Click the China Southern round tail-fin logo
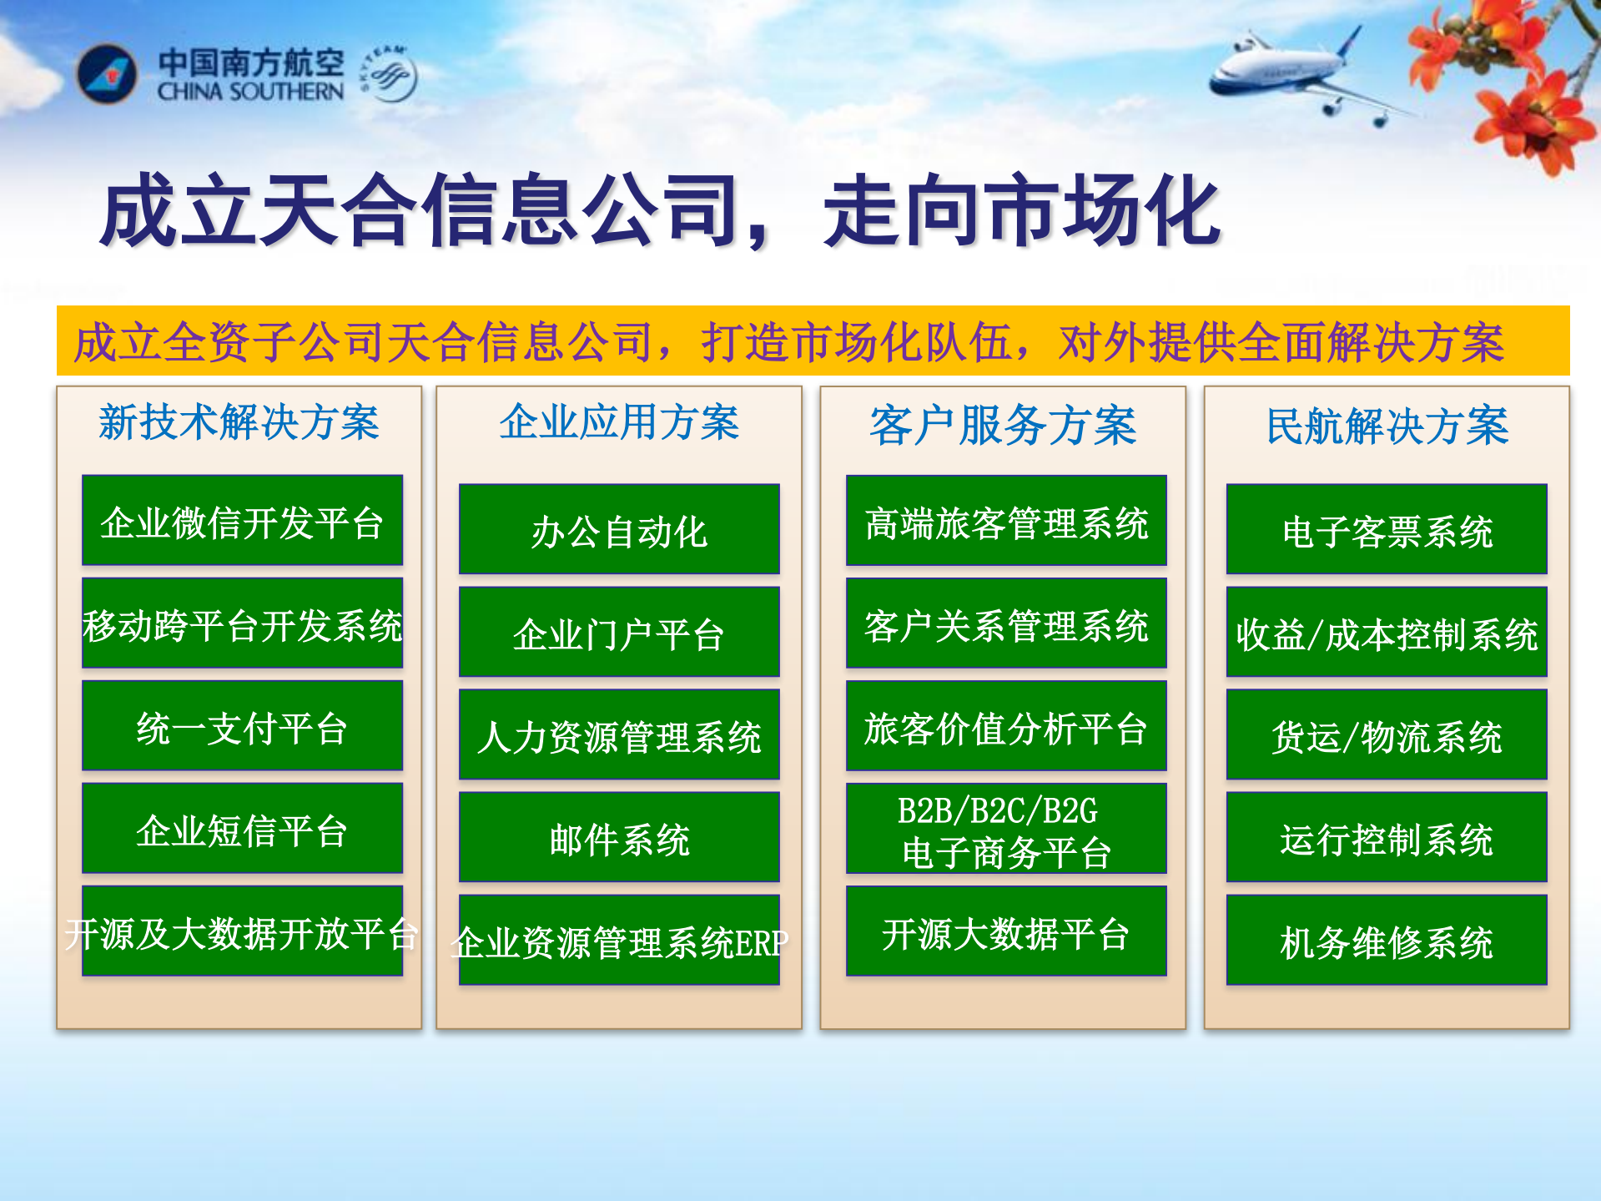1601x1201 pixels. click(x=106, y=75)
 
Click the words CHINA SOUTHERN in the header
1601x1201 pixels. click(x=250, y=92)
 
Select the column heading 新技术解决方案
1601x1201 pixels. click(x=239, y=422)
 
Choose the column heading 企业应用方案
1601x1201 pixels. click(x=619, y=422)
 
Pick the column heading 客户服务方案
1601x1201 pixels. click(x=1003, y=426)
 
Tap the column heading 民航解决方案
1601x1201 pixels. click(x=1387, y=426)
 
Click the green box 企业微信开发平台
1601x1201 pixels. click(x=242, y=521)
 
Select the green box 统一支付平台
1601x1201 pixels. click(x=242, y=726)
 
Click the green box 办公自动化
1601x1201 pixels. click(x=619, y=529)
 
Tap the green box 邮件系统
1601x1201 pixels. click(x=619, y=837)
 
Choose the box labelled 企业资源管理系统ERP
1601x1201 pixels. click(x=619, y=941)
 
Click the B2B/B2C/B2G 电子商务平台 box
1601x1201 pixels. click(x=1006, y=829)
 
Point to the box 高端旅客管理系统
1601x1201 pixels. click(x=1006, y=521)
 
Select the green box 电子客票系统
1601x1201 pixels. click(x=1387, y=529)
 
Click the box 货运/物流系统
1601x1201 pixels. click(x=1387, y=734)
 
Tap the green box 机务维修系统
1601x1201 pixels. click(x=1387, y=941)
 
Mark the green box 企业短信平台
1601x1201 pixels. click(x=242, y=829)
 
